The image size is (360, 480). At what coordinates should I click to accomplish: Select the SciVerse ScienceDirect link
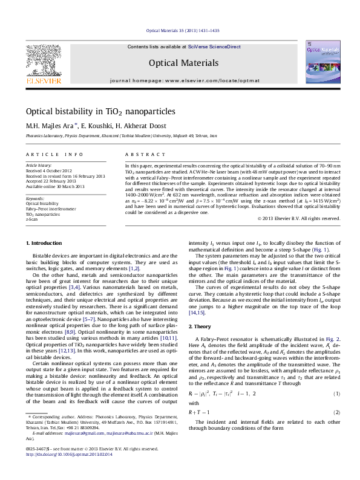(x=214, y=47)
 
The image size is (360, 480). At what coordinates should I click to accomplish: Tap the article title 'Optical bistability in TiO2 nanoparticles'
(x=91, y=112)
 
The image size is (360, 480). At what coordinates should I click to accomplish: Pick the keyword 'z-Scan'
(x=31, y=219)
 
